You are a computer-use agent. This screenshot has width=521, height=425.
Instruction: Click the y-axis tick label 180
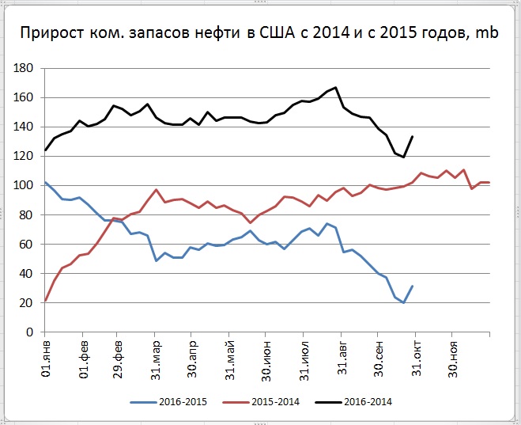(x=22, y=69)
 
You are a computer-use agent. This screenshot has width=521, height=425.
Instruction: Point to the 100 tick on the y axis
(x=22, y=186)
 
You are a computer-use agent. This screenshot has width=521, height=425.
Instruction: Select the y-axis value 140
(x=22, y=127)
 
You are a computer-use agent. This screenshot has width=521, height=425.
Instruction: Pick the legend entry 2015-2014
(x=274, y=402)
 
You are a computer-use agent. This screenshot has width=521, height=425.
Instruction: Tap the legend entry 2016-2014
(x=367, y=402)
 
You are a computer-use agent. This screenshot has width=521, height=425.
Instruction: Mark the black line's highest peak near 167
(x=336, y=88)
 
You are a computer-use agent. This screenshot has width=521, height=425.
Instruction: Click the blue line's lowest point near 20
(x=403, y=302)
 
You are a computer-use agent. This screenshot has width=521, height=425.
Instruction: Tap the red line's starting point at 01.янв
(x=46, y=300)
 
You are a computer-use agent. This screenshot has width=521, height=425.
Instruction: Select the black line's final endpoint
(x=412, y=137)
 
